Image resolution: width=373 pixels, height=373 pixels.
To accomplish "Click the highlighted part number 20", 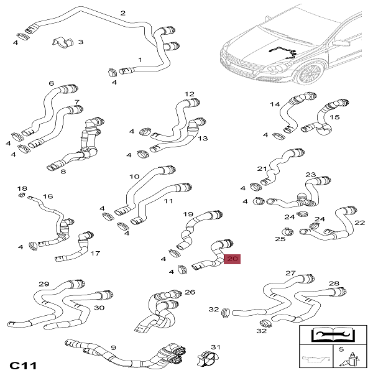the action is point(232,259).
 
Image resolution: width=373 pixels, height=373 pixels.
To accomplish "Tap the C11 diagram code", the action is point(23,366).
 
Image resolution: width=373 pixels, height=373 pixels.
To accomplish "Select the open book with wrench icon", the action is point(333,334).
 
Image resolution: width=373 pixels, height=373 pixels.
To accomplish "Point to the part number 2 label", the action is point(122,13).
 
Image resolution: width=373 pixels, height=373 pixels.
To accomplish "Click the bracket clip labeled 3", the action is point(62,42).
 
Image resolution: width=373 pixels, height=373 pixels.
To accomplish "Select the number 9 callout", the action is point(114,348).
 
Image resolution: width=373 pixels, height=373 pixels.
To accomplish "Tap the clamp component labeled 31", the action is point(208,359).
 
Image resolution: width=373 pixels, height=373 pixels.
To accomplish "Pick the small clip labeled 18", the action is point(22,195).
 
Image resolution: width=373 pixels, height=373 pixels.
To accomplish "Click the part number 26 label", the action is point(190,292).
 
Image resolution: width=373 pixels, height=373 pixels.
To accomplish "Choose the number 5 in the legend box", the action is point(341,349).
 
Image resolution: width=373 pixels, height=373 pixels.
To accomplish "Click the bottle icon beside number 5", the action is point(352,359).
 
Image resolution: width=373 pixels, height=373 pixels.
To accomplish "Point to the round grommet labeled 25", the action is point(287,231).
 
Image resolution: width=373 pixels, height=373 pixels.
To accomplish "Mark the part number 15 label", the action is point(334,117).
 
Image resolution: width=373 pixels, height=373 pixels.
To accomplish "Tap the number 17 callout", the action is point(95,253).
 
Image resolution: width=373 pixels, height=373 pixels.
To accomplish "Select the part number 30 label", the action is point(99,308).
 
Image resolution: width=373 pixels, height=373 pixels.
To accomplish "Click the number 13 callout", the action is point(203,138).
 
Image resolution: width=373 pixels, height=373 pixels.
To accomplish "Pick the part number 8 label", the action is point(63,172).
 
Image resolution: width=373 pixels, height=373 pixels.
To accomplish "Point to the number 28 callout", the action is point(334,283).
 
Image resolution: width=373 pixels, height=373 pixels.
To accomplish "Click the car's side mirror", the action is point(341,43).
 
